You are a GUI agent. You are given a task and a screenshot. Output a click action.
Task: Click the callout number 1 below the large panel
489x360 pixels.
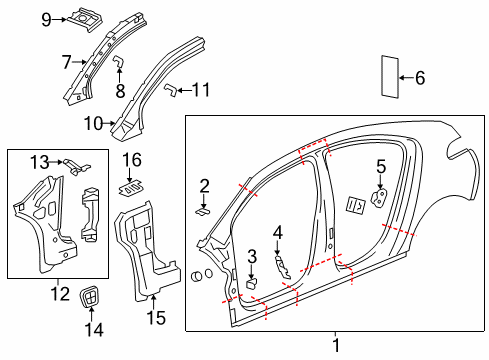336,345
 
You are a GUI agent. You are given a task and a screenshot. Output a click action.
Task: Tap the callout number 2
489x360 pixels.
204,185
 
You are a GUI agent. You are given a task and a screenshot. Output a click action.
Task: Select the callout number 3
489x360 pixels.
253,256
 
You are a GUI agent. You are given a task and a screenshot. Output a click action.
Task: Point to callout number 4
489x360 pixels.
277,232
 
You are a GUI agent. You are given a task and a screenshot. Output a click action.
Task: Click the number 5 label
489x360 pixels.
380,166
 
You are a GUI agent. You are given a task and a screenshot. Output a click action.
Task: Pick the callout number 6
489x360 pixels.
420,77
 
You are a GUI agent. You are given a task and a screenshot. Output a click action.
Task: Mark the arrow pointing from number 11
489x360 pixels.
179,91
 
